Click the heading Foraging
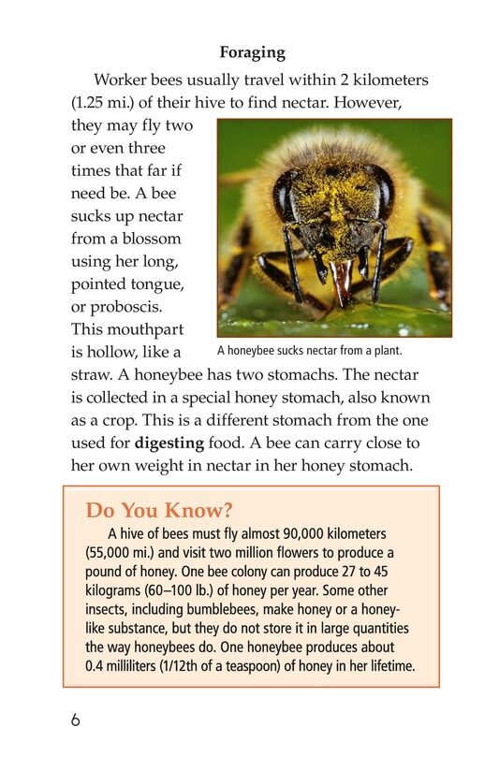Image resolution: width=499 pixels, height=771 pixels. [251, 52]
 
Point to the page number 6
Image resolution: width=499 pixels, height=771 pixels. [75, 720]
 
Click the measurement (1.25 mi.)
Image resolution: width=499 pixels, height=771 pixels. [110, 102]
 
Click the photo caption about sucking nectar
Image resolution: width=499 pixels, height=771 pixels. [309, 351]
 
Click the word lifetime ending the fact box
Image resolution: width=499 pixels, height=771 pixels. [387, 665]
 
